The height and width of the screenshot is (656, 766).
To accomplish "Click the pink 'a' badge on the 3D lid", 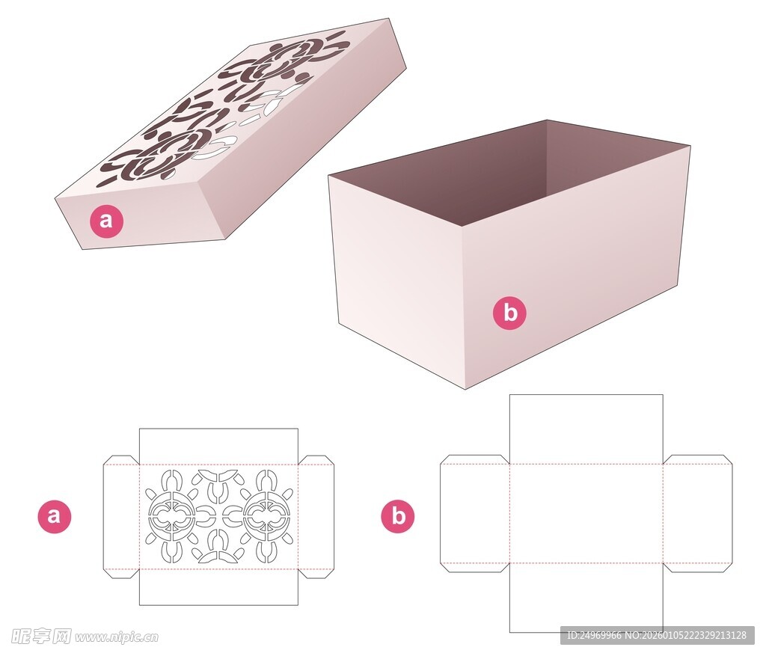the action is [106, 221].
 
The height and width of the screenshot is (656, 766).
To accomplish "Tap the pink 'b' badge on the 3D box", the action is [509, 313].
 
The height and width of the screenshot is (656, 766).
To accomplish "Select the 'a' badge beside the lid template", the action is [54, 516].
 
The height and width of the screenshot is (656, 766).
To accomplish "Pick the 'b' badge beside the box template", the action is [398, 516].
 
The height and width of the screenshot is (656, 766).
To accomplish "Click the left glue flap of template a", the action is [121, 517].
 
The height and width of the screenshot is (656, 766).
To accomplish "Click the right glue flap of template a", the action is [316, 517].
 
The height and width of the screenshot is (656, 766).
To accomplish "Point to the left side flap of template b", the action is [475, 513].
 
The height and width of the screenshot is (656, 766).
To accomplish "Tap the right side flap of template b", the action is [698, 513].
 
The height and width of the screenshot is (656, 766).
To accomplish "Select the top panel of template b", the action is [586, 429].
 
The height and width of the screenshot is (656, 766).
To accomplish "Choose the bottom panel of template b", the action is [586, 598].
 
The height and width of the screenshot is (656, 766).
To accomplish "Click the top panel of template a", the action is [218, 447].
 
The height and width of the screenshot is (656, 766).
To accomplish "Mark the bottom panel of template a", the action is [218, 587].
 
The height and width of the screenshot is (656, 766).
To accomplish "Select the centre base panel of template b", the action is [586, 513].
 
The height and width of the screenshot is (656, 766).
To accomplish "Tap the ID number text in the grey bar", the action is [657, 636].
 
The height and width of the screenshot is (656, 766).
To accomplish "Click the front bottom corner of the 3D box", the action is [465, 389].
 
